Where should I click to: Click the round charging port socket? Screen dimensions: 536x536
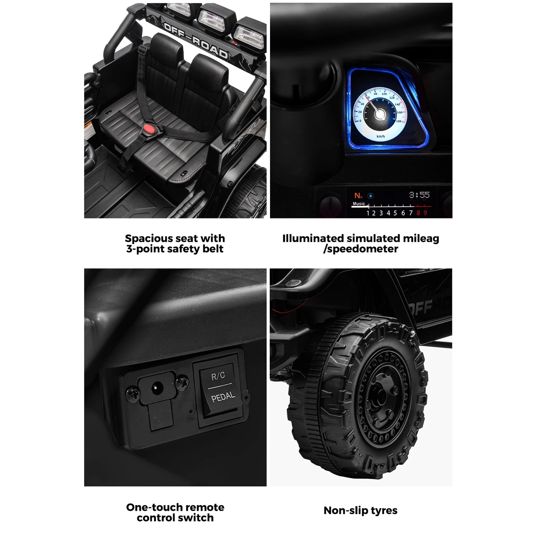tap(156, 389)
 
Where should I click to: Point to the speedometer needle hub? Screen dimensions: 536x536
tap(379, 114)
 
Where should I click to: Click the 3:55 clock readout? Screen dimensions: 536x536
tap(419, 195)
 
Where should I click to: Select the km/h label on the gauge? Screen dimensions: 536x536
tap(381, 136)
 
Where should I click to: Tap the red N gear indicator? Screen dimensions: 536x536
tap(357, 196)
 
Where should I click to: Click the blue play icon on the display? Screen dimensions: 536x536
tap(371, 196)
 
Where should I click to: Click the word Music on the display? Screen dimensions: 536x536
tap(358, 204)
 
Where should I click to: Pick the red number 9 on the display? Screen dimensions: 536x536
tap(425, 213)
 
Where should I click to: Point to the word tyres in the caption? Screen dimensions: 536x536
tap(384, 511)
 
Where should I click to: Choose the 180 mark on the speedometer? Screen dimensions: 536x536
tap(399, 121)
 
